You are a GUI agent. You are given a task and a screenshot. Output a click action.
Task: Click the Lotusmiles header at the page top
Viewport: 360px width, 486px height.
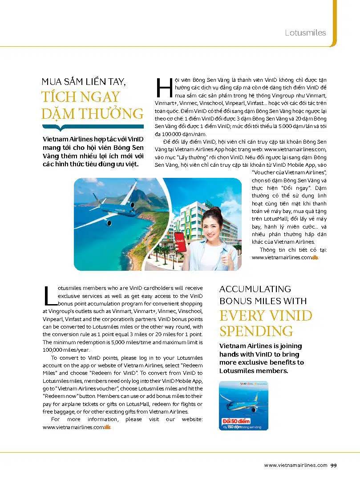[x=305, y=32]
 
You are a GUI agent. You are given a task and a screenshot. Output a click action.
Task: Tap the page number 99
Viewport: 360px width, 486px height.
[x=333, y=465]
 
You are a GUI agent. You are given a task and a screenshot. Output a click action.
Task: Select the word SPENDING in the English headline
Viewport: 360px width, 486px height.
[x=256, y=331]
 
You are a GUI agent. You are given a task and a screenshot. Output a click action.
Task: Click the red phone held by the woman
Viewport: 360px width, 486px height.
[x=180, y=242]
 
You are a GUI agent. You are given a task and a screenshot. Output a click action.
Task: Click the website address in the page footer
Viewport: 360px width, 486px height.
[x=295, y=465]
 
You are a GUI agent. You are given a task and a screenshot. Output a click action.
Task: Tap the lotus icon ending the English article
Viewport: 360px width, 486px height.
[x=108, y=428]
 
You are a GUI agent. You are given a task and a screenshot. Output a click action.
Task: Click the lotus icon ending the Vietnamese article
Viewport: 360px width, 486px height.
[x=316, y=257]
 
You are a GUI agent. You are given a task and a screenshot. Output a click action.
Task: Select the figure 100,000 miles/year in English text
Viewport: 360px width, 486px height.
[x=58, y=350]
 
